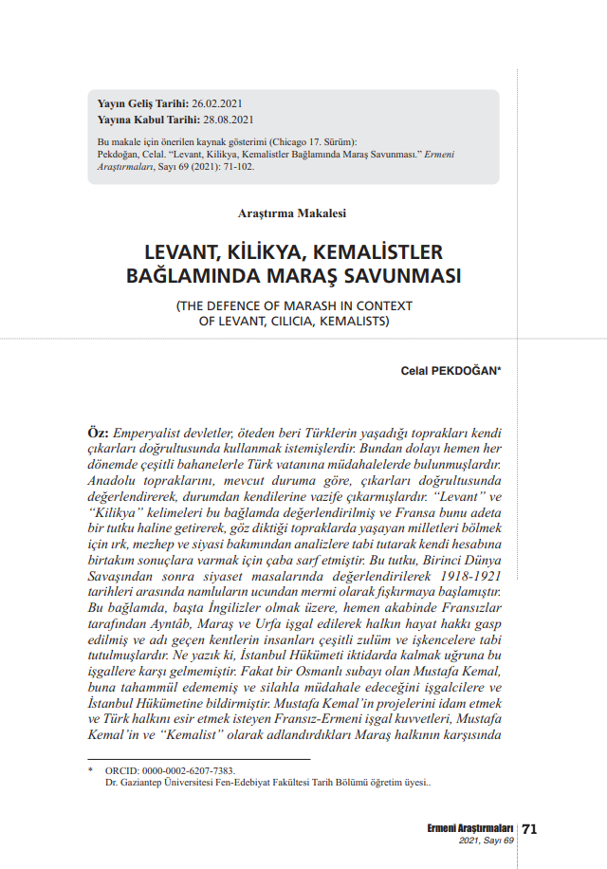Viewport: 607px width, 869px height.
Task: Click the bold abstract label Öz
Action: pyautogui.click(x=98, y=432)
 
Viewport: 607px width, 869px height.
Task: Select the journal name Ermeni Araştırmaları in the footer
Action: pyautogui.click(x=470, y=828)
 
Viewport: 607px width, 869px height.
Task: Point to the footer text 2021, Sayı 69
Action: pyautogui.click(x=486, y=841)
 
